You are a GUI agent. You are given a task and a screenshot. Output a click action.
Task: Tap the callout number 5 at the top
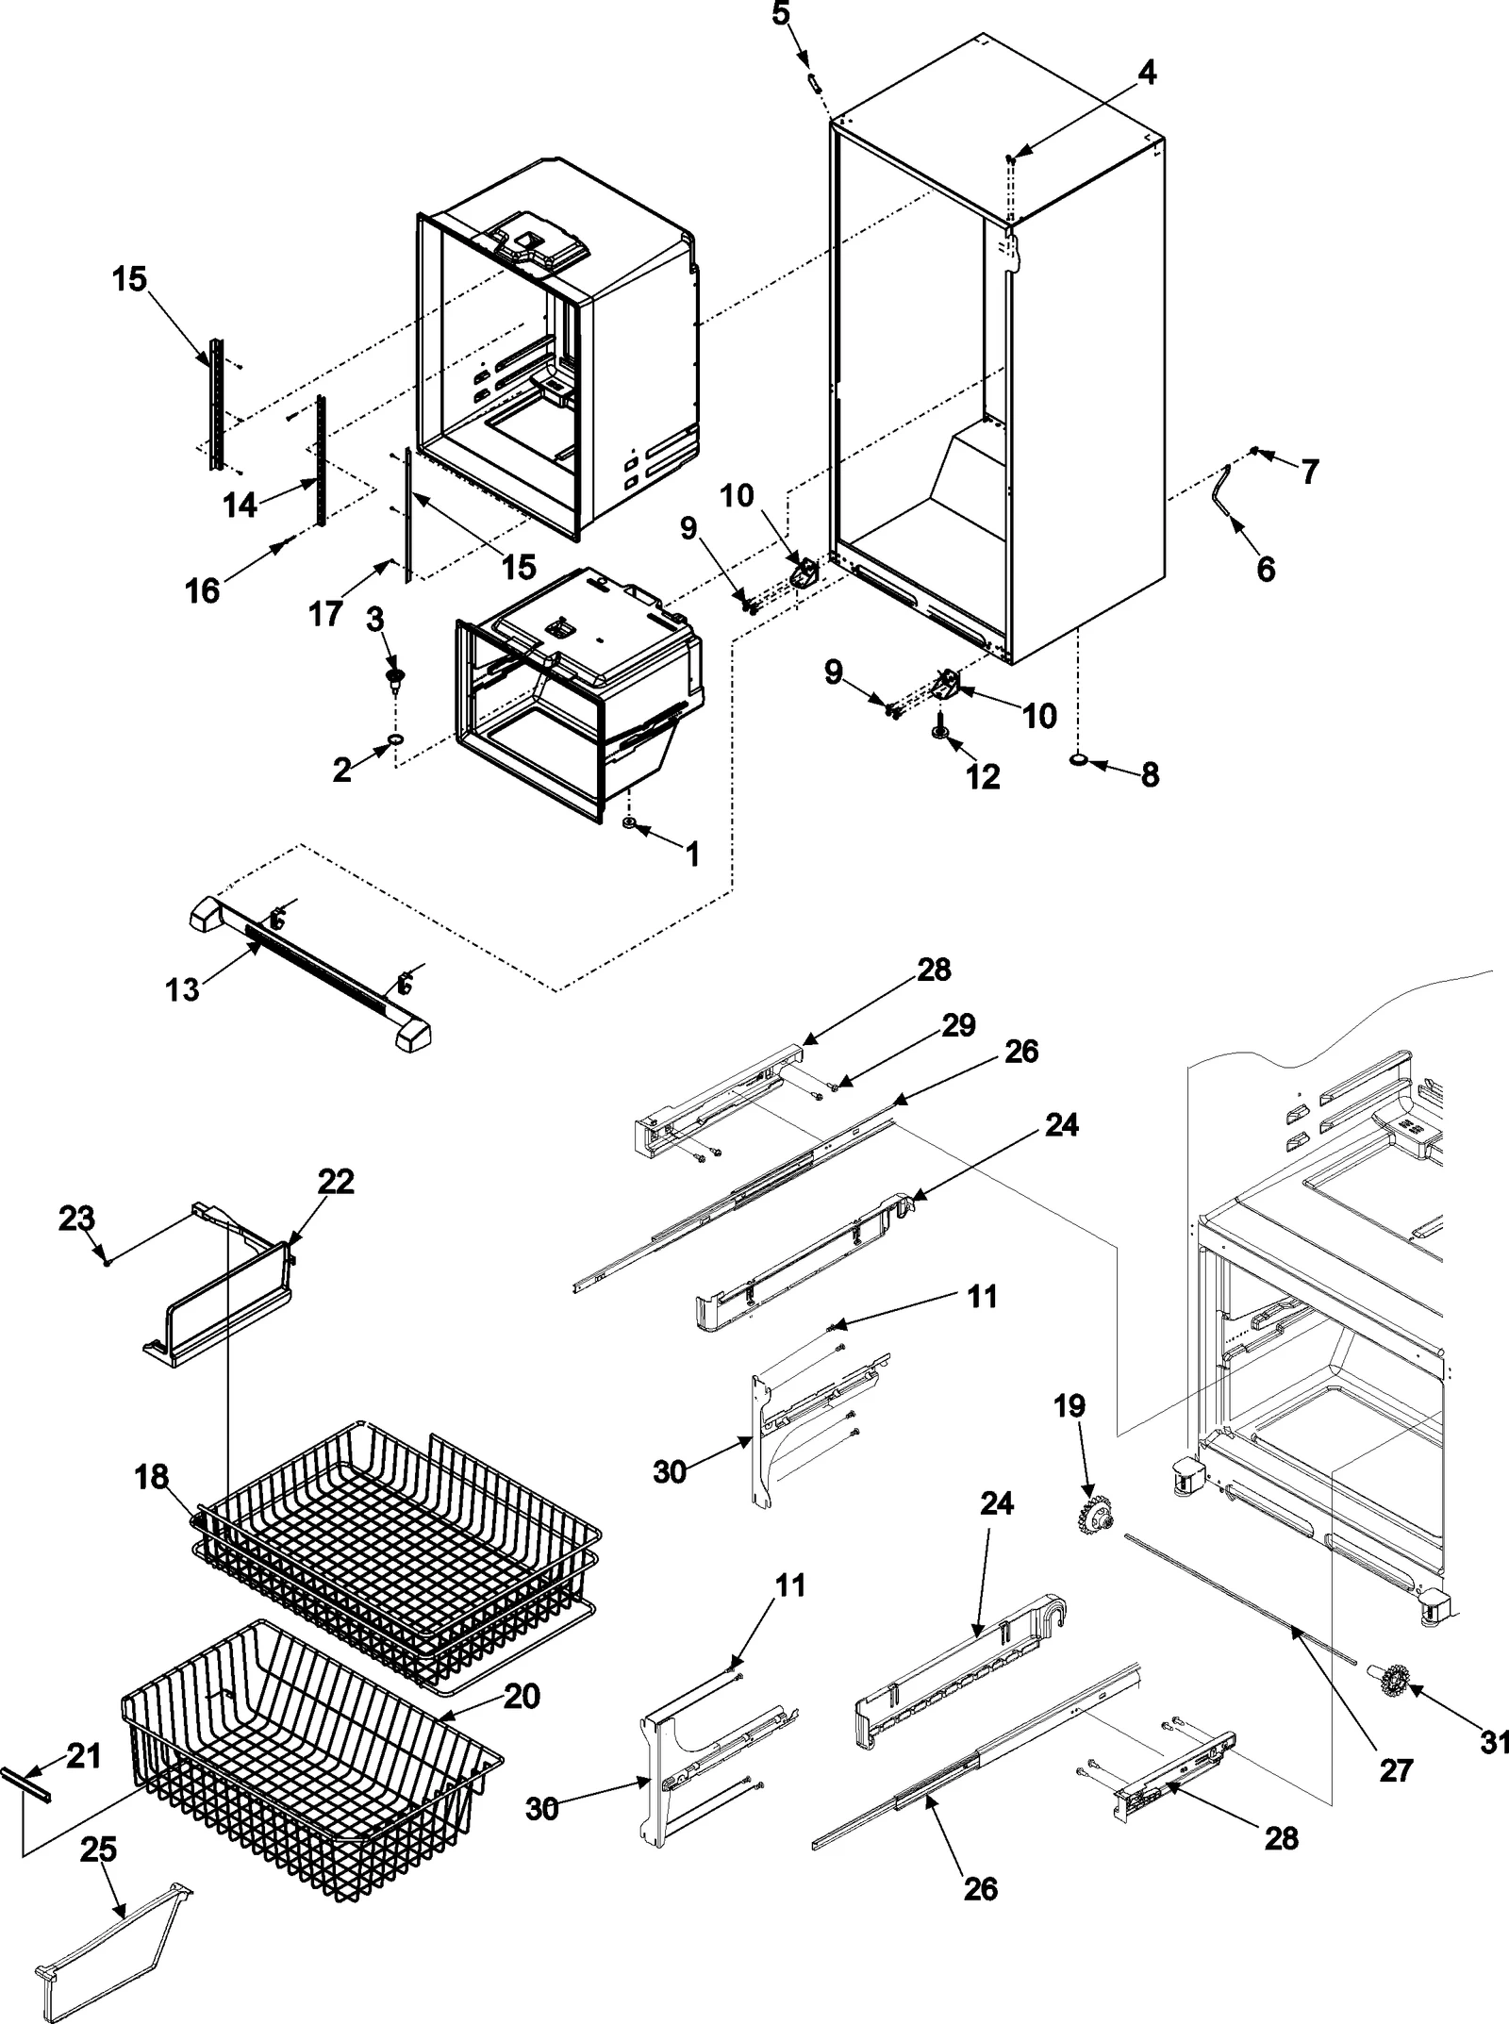(781, 14)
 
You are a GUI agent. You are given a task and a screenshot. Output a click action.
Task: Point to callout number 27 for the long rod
(1396, 1770)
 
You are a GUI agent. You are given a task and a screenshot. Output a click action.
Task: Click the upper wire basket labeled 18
(396, 1547)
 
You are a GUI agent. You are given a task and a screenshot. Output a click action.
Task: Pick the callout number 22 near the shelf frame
(336, 1182)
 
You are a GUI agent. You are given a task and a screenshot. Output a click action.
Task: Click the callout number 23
(77, 1219)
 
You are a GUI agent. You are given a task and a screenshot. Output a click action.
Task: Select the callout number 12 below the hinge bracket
(982, 776)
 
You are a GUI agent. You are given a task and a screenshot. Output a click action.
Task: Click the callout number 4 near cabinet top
(1146, 73)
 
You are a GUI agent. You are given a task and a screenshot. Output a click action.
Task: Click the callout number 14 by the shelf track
(240, 506)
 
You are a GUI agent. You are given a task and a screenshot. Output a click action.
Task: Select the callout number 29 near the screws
(958, 1026)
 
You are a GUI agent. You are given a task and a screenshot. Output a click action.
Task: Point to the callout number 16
(203, 591)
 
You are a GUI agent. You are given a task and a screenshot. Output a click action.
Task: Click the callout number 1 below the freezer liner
(693, 854)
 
